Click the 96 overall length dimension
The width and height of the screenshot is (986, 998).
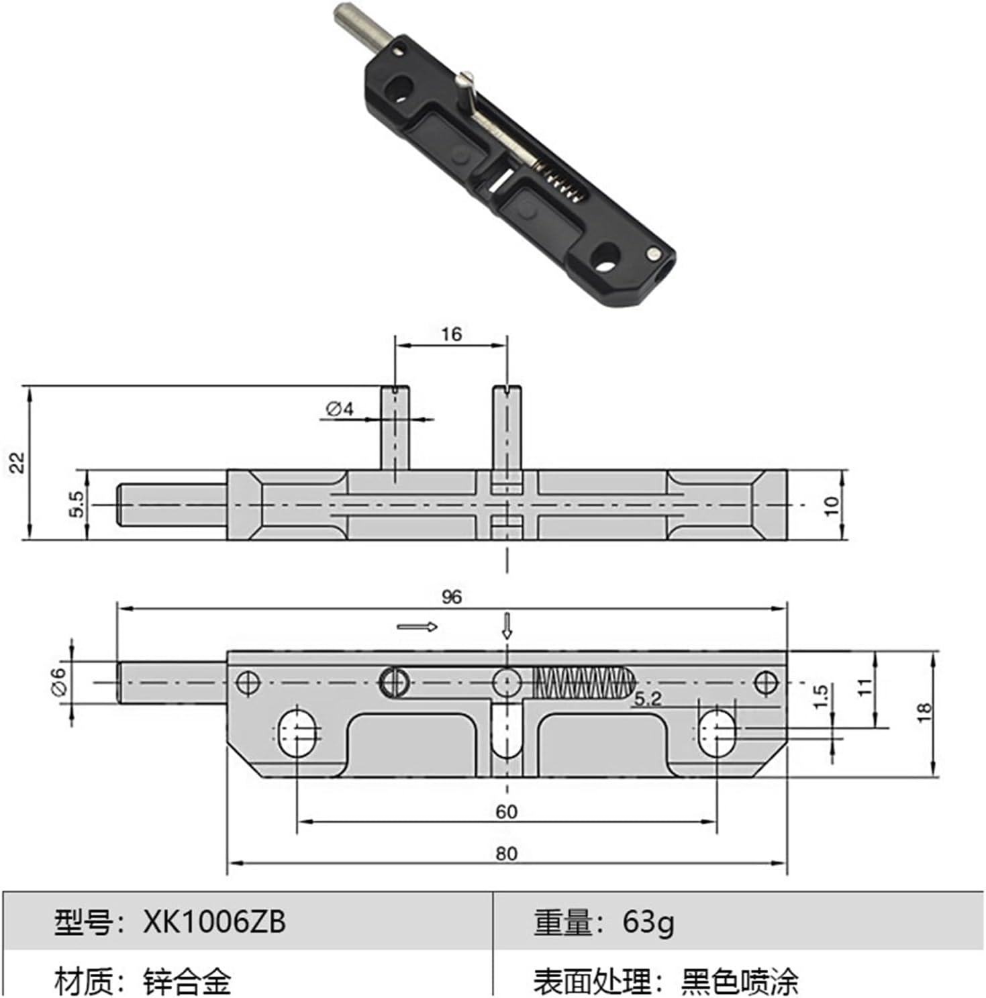452,597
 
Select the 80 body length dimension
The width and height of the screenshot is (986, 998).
506,853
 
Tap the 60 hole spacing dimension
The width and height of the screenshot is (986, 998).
506,811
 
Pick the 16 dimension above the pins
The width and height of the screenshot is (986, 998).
451,334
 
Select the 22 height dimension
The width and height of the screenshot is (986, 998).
17,462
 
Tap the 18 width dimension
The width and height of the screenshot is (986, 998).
924,712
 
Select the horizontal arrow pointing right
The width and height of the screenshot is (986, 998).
417,627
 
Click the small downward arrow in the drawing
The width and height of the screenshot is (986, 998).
507,626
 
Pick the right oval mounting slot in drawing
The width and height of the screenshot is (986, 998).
717,732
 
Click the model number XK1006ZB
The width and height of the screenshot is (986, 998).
214,922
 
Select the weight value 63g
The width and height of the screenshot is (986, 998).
648,922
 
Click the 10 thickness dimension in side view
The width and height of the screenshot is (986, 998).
832,505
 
